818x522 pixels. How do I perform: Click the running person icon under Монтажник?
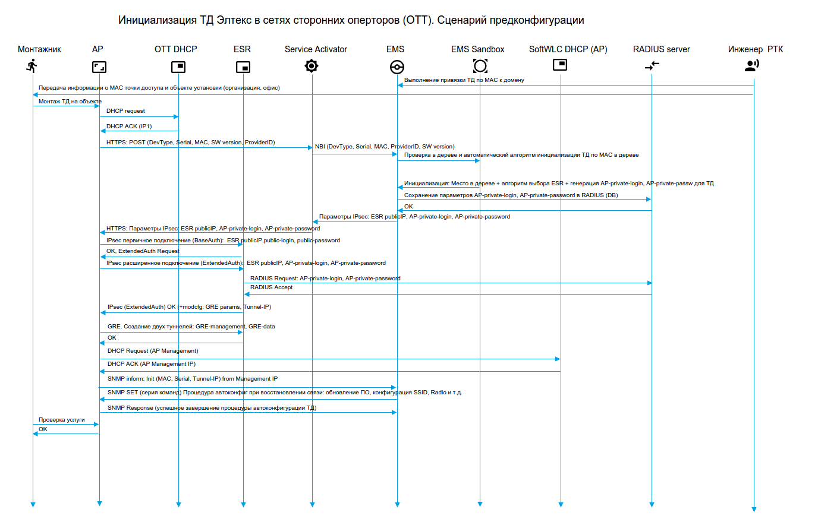click(32, 66)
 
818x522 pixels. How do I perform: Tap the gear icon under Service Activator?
click(312, 66)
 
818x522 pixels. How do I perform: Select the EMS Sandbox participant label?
click(477, 49)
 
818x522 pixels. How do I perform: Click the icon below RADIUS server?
click(652, 66)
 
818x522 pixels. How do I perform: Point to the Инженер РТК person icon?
click(752, 65)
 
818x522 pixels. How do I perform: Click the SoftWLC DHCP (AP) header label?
click(568, 49)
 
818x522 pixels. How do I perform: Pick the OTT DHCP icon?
click(178, 67)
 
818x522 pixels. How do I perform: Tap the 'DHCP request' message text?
click(125, 111)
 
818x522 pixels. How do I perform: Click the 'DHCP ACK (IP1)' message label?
click(129, 126)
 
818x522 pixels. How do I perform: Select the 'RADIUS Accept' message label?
click(271, 287)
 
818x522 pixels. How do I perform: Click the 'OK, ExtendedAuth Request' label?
click(143, 251)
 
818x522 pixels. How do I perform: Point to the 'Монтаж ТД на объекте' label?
click(70, 102)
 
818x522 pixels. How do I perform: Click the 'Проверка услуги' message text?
click(62, 420)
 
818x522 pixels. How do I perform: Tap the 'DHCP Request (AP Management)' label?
click(153, 351)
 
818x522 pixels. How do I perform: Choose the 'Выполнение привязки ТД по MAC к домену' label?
click(464, 80)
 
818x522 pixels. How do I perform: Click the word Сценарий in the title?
click(461, 20)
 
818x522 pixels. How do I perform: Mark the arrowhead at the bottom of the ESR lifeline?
click(243, 504)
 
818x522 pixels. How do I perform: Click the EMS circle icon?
click(397, 67)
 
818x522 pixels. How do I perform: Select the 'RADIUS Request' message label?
click(325, 279)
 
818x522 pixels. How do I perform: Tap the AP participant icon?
click(99, 67)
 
